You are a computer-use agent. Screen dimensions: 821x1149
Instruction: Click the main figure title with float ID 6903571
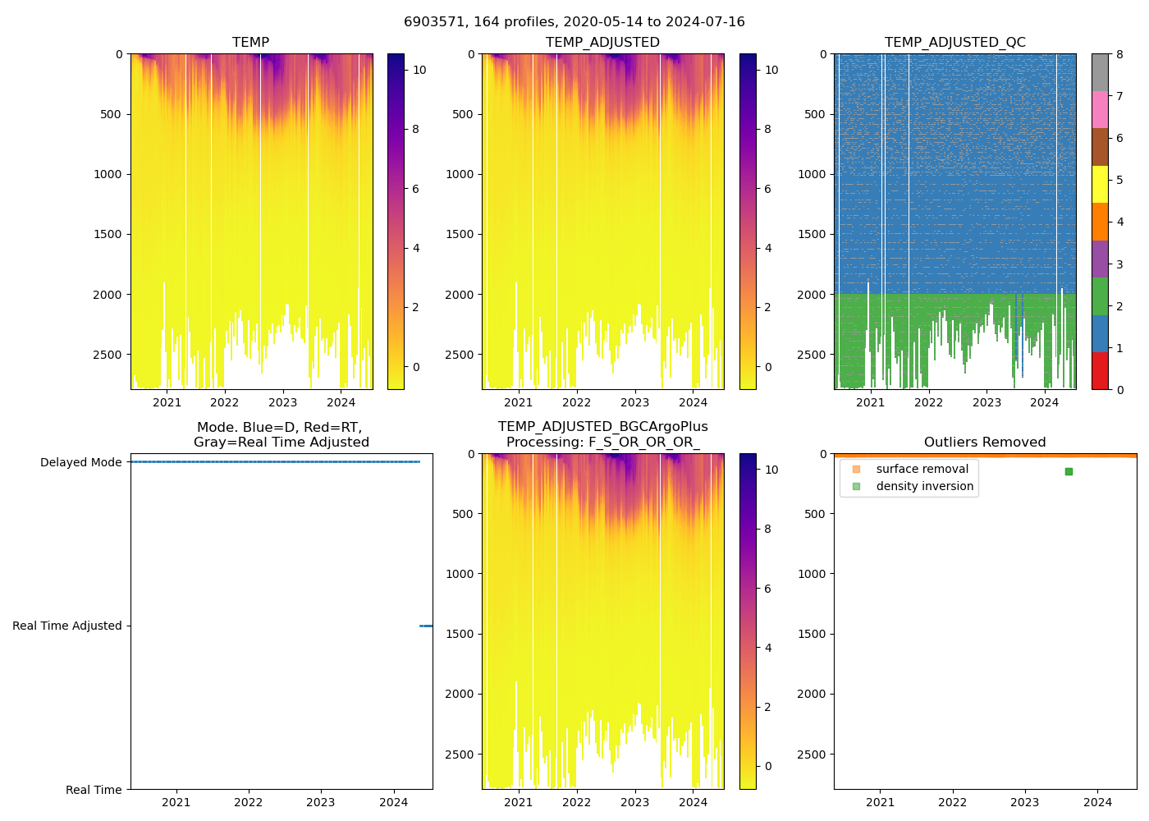[x=574, y=22]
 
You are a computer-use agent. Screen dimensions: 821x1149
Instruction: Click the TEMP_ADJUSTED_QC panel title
[x=954, y=43]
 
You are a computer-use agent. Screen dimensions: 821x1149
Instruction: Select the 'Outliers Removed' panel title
[x=985, y=443]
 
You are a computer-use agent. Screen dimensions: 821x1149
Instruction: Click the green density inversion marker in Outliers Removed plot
[x=1069, y=471]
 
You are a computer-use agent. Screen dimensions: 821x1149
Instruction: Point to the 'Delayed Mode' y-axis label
[x=80, y=462]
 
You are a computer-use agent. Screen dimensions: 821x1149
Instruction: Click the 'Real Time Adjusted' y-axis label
[x=66, y=626]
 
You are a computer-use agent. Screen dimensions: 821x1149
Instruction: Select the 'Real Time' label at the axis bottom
[x=94, y=790]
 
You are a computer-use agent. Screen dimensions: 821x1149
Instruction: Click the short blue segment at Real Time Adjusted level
[x=426, y=626]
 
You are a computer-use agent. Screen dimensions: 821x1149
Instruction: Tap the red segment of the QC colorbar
[x=1100, y=370]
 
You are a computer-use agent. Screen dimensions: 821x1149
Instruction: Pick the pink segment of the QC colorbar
[x=1100, y=109]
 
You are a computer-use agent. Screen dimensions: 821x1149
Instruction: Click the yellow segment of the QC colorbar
[x=1100, y=184]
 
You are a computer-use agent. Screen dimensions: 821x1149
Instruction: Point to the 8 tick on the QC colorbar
[x=1120, y=54]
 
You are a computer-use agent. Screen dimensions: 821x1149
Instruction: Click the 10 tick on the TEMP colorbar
[x=419, y=70]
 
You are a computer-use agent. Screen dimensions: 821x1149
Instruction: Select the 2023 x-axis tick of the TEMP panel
[x=283, y=402]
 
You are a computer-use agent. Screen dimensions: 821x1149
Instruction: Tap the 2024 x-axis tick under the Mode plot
[x=394, y=802]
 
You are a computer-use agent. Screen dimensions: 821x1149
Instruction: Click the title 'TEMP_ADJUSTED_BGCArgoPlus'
[x=602, y=427]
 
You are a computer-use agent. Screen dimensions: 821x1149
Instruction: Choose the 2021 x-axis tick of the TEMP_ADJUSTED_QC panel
[x=870, y=402]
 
